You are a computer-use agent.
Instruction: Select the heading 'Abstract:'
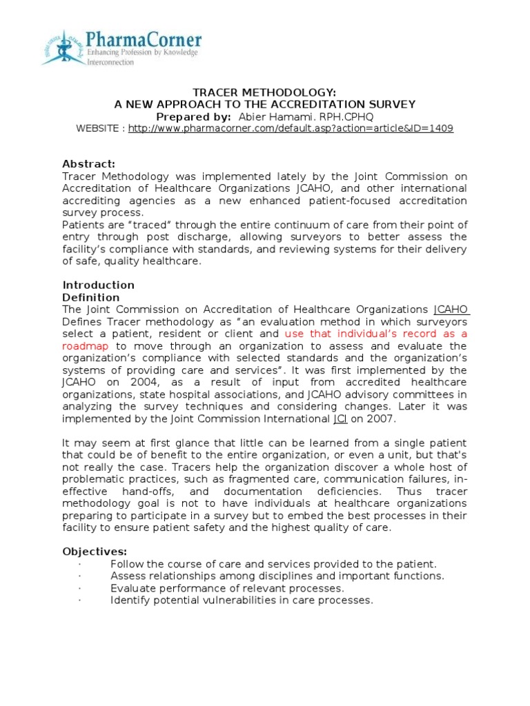[89, 163]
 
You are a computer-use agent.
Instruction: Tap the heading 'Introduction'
[99, 285]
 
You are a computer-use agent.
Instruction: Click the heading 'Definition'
[91, 297]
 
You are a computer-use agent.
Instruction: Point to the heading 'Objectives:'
[95, 552]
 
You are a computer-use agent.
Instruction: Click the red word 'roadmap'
[86, 346]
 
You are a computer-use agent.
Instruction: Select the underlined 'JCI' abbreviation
[340, 419]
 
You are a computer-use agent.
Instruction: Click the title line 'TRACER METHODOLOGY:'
[265, 92]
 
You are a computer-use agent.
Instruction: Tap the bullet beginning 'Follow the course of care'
[273, 564]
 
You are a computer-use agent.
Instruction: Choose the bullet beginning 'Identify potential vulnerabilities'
[242, 601]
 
